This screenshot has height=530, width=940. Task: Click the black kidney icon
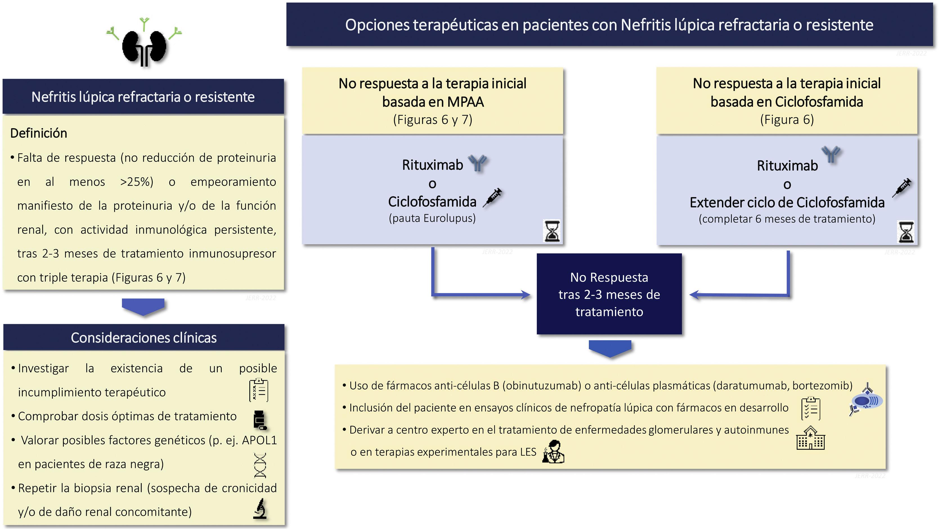point(144,48)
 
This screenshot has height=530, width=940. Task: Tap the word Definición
point(39,134)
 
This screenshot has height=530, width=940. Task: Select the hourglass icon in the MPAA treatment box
point(551,231)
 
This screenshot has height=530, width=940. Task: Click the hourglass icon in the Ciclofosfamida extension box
point(906,232)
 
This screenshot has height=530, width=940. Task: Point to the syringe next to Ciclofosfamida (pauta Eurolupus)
point(493,198)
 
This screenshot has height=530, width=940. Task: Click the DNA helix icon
point(260,465)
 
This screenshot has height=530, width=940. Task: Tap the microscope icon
point(260,509)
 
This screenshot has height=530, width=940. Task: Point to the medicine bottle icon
point(259,420)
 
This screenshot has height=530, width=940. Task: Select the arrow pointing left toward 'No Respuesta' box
point(695,295)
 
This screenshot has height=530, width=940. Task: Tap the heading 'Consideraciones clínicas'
point(144,338)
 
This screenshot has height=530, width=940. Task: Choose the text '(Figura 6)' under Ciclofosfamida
point(787,120)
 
